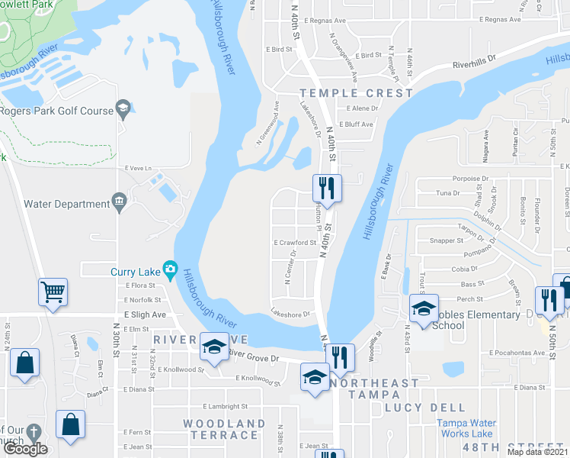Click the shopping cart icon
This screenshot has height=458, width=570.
(53, 291)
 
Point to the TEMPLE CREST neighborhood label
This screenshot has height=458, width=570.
(356, 93)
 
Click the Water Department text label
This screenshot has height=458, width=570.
(67, 204)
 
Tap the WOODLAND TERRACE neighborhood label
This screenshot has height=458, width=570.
(224, 429)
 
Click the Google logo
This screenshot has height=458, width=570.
(25, 449)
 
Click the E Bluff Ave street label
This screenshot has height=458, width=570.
(356, 124)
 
